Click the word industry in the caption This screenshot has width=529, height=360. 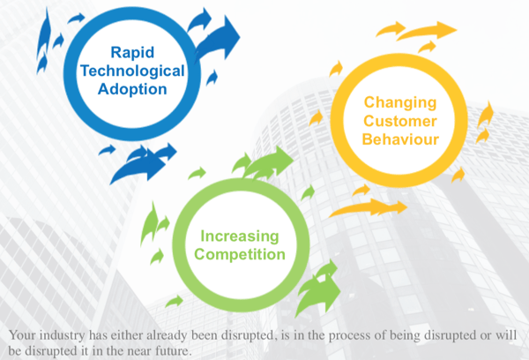[x=70, y=335]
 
